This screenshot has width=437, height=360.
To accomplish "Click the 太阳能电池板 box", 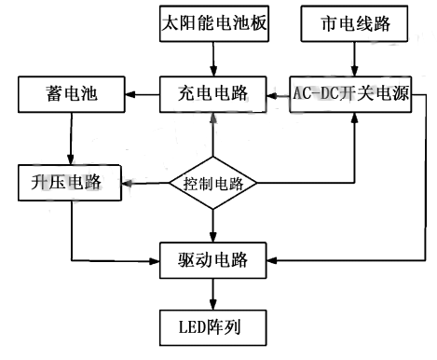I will [213, 22].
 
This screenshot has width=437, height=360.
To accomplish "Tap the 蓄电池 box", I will [70, 93].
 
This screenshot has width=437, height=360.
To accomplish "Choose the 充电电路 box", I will [213, 93].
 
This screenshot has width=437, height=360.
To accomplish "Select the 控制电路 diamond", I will [213, 183].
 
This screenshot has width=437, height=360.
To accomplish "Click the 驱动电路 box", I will [213, 257].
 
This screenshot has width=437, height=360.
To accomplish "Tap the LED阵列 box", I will [213, 327].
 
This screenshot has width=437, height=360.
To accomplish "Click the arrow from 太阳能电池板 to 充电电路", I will [213, 57].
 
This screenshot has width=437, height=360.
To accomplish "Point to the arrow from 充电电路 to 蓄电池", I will [141, 93].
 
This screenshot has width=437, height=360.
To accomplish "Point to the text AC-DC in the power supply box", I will [316, 93].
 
